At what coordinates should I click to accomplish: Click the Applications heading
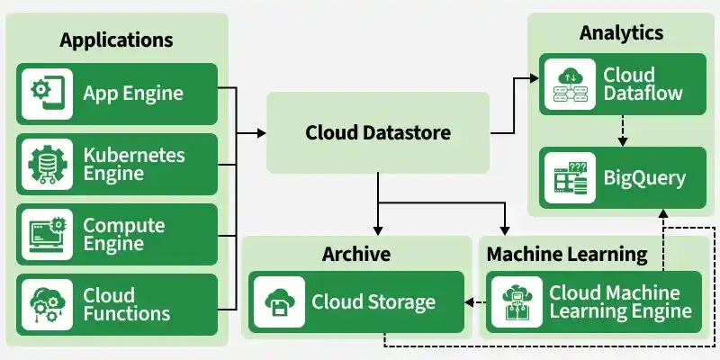coord(116,40)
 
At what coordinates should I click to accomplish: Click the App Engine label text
coord(133,93)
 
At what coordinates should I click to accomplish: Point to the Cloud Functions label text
coord(127,304)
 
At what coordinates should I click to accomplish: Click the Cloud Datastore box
coord(378,133)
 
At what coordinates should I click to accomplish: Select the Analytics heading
coord(621,33)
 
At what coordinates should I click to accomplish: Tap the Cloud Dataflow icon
coord(571,84)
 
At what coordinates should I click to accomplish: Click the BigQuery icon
coord(571,177)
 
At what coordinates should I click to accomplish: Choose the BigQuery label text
coord(644,177)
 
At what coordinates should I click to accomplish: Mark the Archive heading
coord(356,254)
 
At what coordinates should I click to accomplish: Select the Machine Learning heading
coord(567,254)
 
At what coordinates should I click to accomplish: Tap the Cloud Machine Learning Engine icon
coord(517,302)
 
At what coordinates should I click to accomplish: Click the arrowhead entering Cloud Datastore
coord(262,133)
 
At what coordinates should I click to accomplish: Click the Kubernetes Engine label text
coord(134,164)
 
